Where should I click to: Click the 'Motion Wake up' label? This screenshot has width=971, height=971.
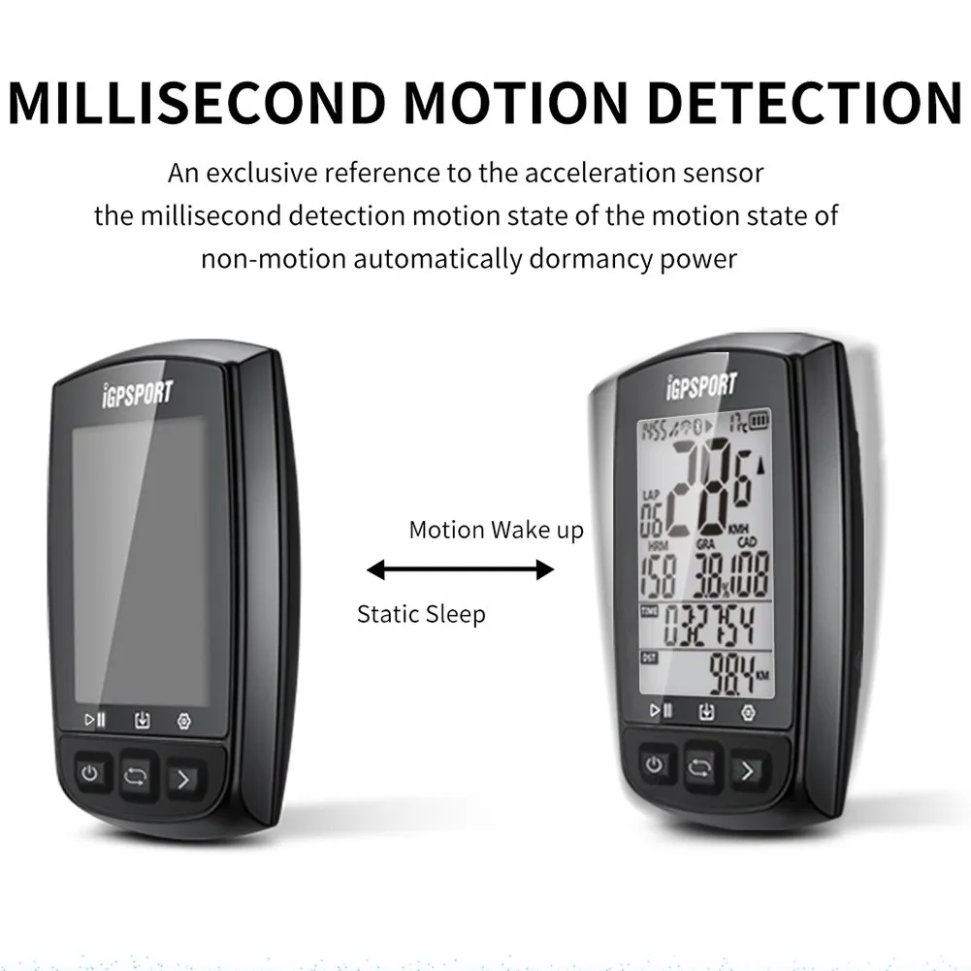coord(496,531)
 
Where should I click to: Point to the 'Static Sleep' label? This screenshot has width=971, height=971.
coord(421,614)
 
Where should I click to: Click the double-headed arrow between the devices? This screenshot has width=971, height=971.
coord(460,570)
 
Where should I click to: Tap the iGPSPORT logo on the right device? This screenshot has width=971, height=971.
coord(700,385)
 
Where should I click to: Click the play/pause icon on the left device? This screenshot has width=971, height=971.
coord(95,720)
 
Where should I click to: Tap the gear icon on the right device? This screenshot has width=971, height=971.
coord(747,712)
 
